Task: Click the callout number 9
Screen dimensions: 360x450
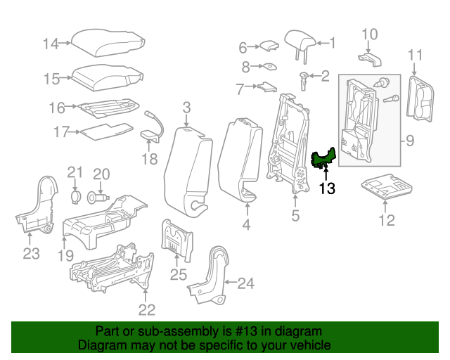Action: [410, 141]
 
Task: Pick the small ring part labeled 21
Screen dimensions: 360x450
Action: [76, 196]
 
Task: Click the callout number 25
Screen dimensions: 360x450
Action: [179, 274]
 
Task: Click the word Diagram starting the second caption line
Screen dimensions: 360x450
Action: [98, 346]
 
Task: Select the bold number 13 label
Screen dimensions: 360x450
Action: [327, 188]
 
